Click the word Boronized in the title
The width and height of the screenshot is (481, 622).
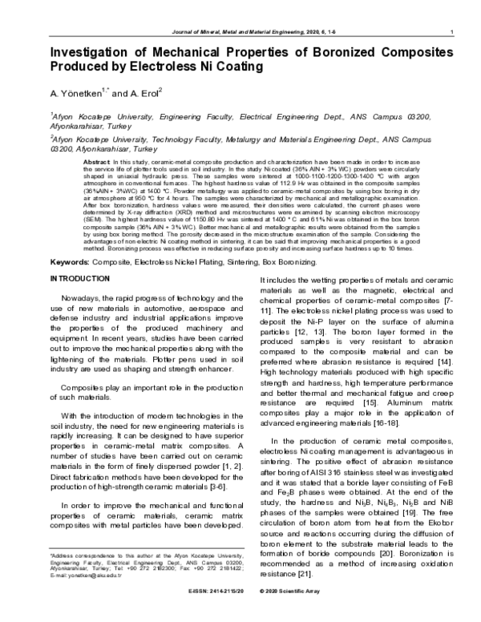click(x=313, y=53)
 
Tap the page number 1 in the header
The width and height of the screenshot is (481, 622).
click(x=453, y=31)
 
